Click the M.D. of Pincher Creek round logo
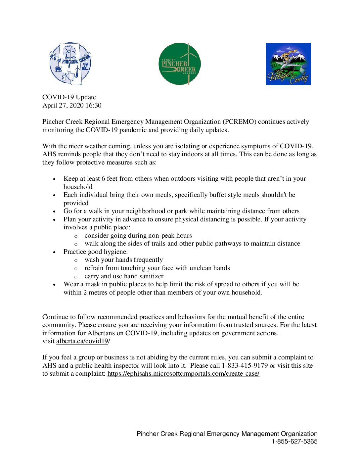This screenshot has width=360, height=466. [70, 64]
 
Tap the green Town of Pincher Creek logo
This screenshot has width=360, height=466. [180, 64]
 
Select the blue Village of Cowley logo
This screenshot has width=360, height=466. [288, 64]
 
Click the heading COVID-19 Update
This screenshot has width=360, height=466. [69, 97]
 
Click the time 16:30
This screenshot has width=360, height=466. [93, 106]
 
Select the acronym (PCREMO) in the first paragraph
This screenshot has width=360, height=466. [239, 122]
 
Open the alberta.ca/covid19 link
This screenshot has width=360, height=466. [82, 341]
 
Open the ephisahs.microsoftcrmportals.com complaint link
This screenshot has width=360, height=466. [183, 374]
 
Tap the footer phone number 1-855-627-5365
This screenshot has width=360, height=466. [294, 442]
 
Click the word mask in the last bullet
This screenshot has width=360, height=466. [93, 284]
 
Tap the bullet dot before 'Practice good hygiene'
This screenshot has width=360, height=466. [55, 252]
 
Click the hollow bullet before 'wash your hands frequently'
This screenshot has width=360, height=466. [76, 260]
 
